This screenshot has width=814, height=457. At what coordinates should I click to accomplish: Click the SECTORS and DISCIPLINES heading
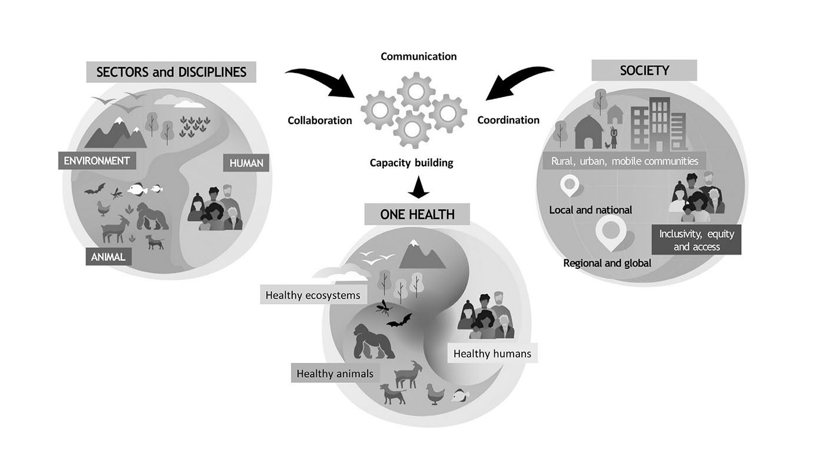coord(171,72)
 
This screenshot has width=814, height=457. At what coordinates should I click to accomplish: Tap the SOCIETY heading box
coord(644,71)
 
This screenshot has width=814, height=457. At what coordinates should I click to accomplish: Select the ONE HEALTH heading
coord(417,215)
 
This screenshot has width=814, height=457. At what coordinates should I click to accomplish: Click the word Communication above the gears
coord(418,56)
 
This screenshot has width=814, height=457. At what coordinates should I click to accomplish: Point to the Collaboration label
coord(319,121)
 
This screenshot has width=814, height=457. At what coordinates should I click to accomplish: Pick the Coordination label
coord(508,120)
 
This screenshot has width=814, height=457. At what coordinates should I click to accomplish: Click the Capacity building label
coord(411,163)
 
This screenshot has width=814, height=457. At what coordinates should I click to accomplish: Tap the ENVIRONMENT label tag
coord(97,161)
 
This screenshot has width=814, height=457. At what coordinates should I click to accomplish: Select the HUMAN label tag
coord(246,163)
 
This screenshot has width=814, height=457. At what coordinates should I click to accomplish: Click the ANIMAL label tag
coord(108,257)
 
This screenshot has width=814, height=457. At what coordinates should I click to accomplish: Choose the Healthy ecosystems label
coord(312,295)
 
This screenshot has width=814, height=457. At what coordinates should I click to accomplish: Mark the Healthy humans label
coord(492,353)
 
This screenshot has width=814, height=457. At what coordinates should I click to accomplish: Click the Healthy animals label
coord(335,373)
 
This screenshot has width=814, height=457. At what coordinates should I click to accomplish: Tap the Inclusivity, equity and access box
coord(696,240)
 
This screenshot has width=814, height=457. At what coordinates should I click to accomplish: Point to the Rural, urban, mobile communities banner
coord(624,161)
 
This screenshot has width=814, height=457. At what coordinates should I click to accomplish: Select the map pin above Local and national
coord(570,186)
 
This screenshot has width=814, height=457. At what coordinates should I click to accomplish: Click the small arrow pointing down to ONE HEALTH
coord(418,189)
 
